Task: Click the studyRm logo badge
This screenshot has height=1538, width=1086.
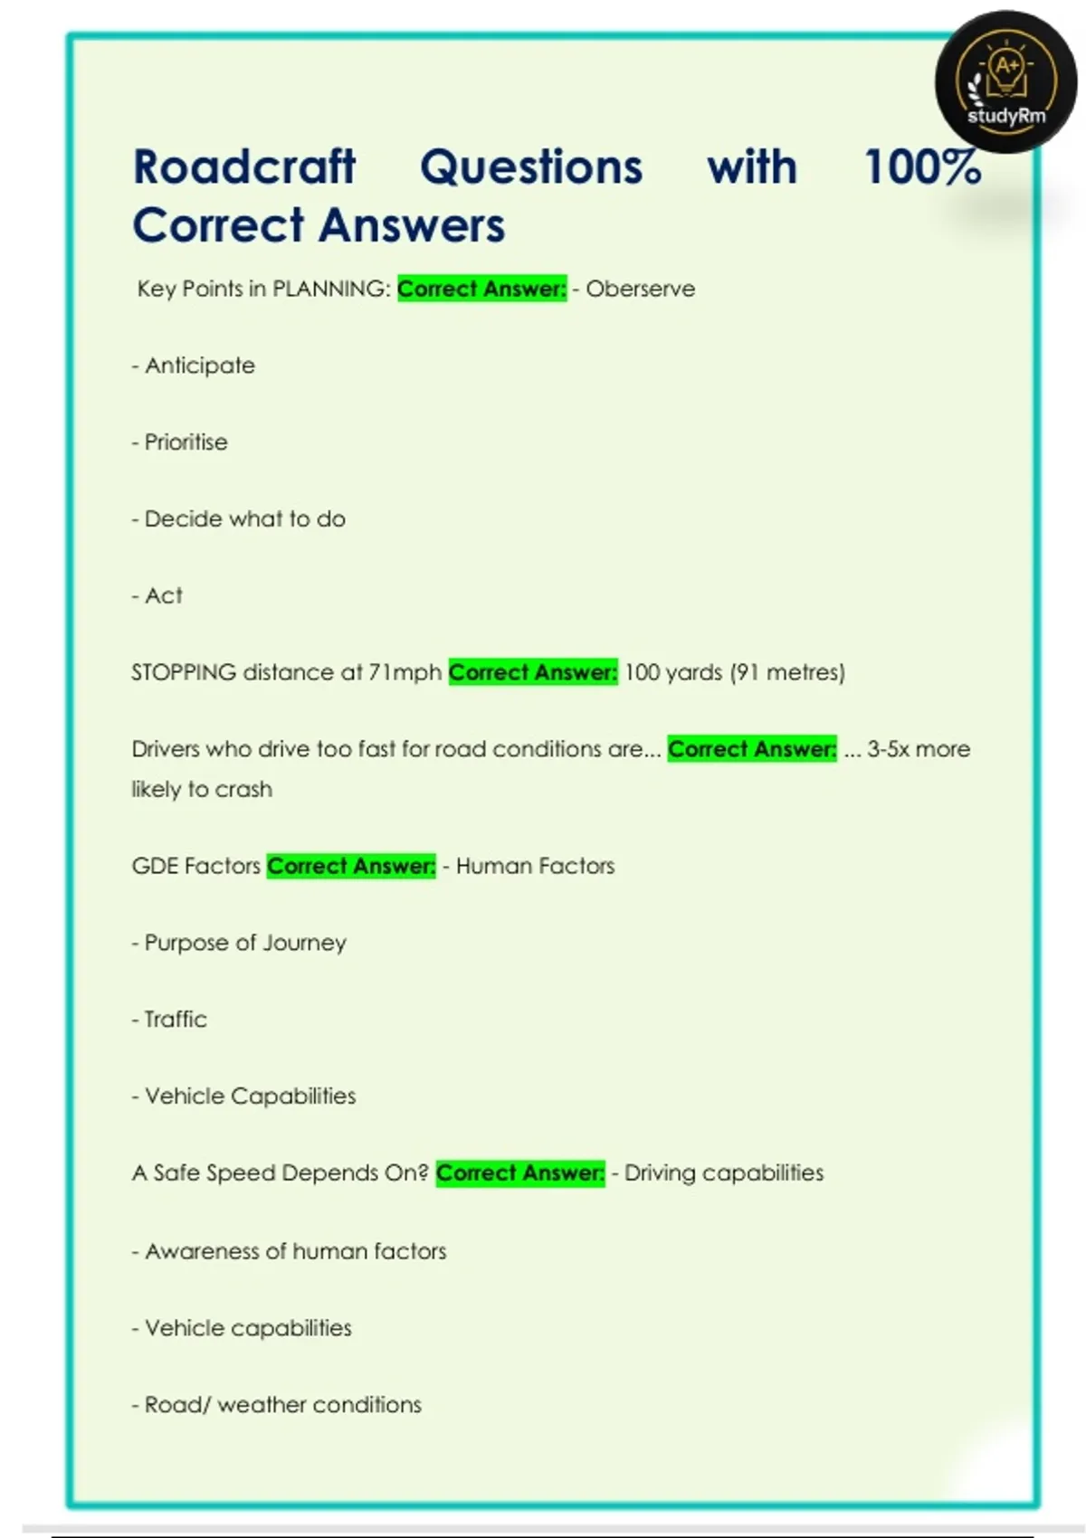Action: [1005, 82]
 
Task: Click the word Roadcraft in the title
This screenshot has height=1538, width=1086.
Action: [244, 167]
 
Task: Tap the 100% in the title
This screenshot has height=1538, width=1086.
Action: [922, 167]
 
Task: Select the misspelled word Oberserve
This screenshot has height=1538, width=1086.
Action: [640, 290]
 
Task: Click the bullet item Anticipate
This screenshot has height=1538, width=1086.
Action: [199, 366]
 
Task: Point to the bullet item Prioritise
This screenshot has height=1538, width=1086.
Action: [186, 442]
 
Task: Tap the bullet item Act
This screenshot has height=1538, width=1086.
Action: [163, 596]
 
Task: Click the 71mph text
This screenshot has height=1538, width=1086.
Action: [405, 673]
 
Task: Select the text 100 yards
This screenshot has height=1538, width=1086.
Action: [673, 673]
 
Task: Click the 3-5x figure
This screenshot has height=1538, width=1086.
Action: [886, 749]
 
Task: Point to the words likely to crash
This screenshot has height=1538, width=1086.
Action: [201, 790]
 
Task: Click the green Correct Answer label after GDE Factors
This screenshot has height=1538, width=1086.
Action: [351, 867]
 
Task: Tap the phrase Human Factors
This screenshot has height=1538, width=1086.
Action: [535, 867]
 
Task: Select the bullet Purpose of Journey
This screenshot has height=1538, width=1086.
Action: [245, 944]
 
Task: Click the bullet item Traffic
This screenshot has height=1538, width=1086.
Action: [176, 1020]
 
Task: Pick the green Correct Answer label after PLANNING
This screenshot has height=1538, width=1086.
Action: [481, 290]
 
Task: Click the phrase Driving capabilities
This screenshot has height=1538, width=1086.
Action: [724, 1173]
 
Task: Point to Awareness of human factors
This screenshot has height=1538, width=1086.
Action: [295, 1252]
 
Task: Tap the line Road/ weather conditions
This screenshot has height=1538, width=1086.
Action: [282, 1405]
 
